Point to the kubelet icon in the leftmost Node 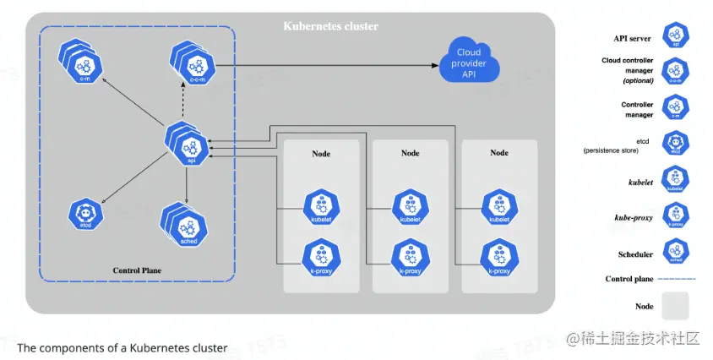pyautogui.click(x=320, y=207)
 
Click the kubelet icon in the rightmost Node pyautogui.click(x=499, y=207)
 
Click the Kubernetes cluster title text pyautogui.click(x=330, y=26)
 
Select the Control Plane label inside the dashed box pyautogui.click(x=137, y=270)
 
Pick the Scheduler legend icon pyautogui.click(x=676, y=251)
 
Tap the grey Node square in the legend pyautogui.click(x=676, y=306)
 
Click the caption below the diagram pyautogui.click(x=122, y=347)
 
